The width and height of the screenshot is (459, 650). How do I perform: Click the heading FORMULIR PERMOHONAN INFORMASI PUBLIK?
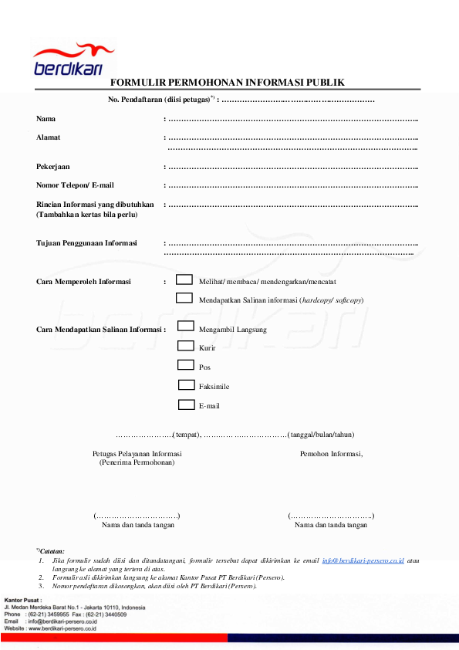pos(227,83)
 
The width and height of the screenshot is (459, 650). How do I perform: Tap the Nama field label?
pos(46,119)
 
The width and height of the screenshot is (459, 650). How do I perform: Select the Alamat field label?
pos(48,137)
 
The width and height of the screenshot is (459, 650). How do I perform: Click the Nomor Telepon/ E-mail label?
pos(75,185)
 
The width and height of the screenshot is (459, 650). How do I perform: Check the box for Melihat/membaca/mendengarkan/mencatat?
pos(184,279)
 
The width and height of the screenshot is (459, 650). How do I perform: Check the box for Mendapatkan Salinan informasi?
pos(184,297)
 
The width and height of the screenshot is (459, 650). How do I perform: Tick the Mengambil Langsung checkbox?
pos(186,327)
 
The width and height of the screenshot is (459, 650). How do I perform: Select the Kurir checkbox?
pos(186,346)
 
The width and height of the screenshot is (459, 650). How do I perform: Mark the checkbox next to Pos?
pos(186,365)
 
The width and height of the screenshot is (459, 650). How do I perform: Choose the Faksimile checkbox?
pos(186,384)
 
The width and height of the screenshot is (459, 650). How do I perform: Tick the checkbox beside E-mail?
pos(186,404)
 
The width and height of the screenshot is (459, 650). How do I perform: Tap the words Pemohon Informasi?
pos(331,454)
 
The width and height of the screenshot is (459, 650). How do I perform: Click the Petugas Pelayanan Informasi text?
pos(137,454)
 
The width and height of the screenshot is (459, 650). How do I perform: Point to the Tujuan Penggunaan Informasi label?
pos(86,243)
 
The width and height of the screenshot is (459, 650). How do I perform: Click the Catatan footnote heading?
pos(52,550)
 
